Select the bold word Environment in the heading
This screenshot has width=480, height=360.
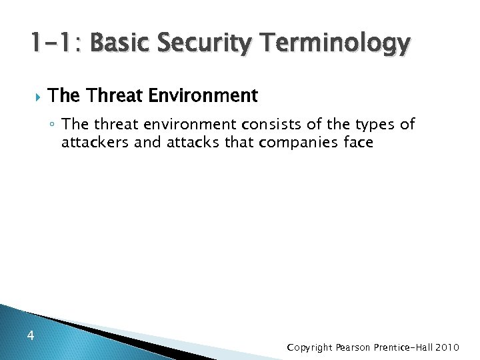pyautogui.click(x=203, y=96)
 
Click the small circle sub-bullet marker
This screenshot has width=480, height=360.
pyautogui.click(x=53, y=125)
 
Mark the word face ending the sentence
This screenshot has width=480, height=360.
pyautogui.click(x=358, y=142)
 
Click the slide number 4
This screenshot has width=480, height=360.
pyautogui.click(x=31, y=336)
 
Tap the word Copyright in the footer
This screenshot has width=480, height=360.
pyautogui.click(x=309, y=347)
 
